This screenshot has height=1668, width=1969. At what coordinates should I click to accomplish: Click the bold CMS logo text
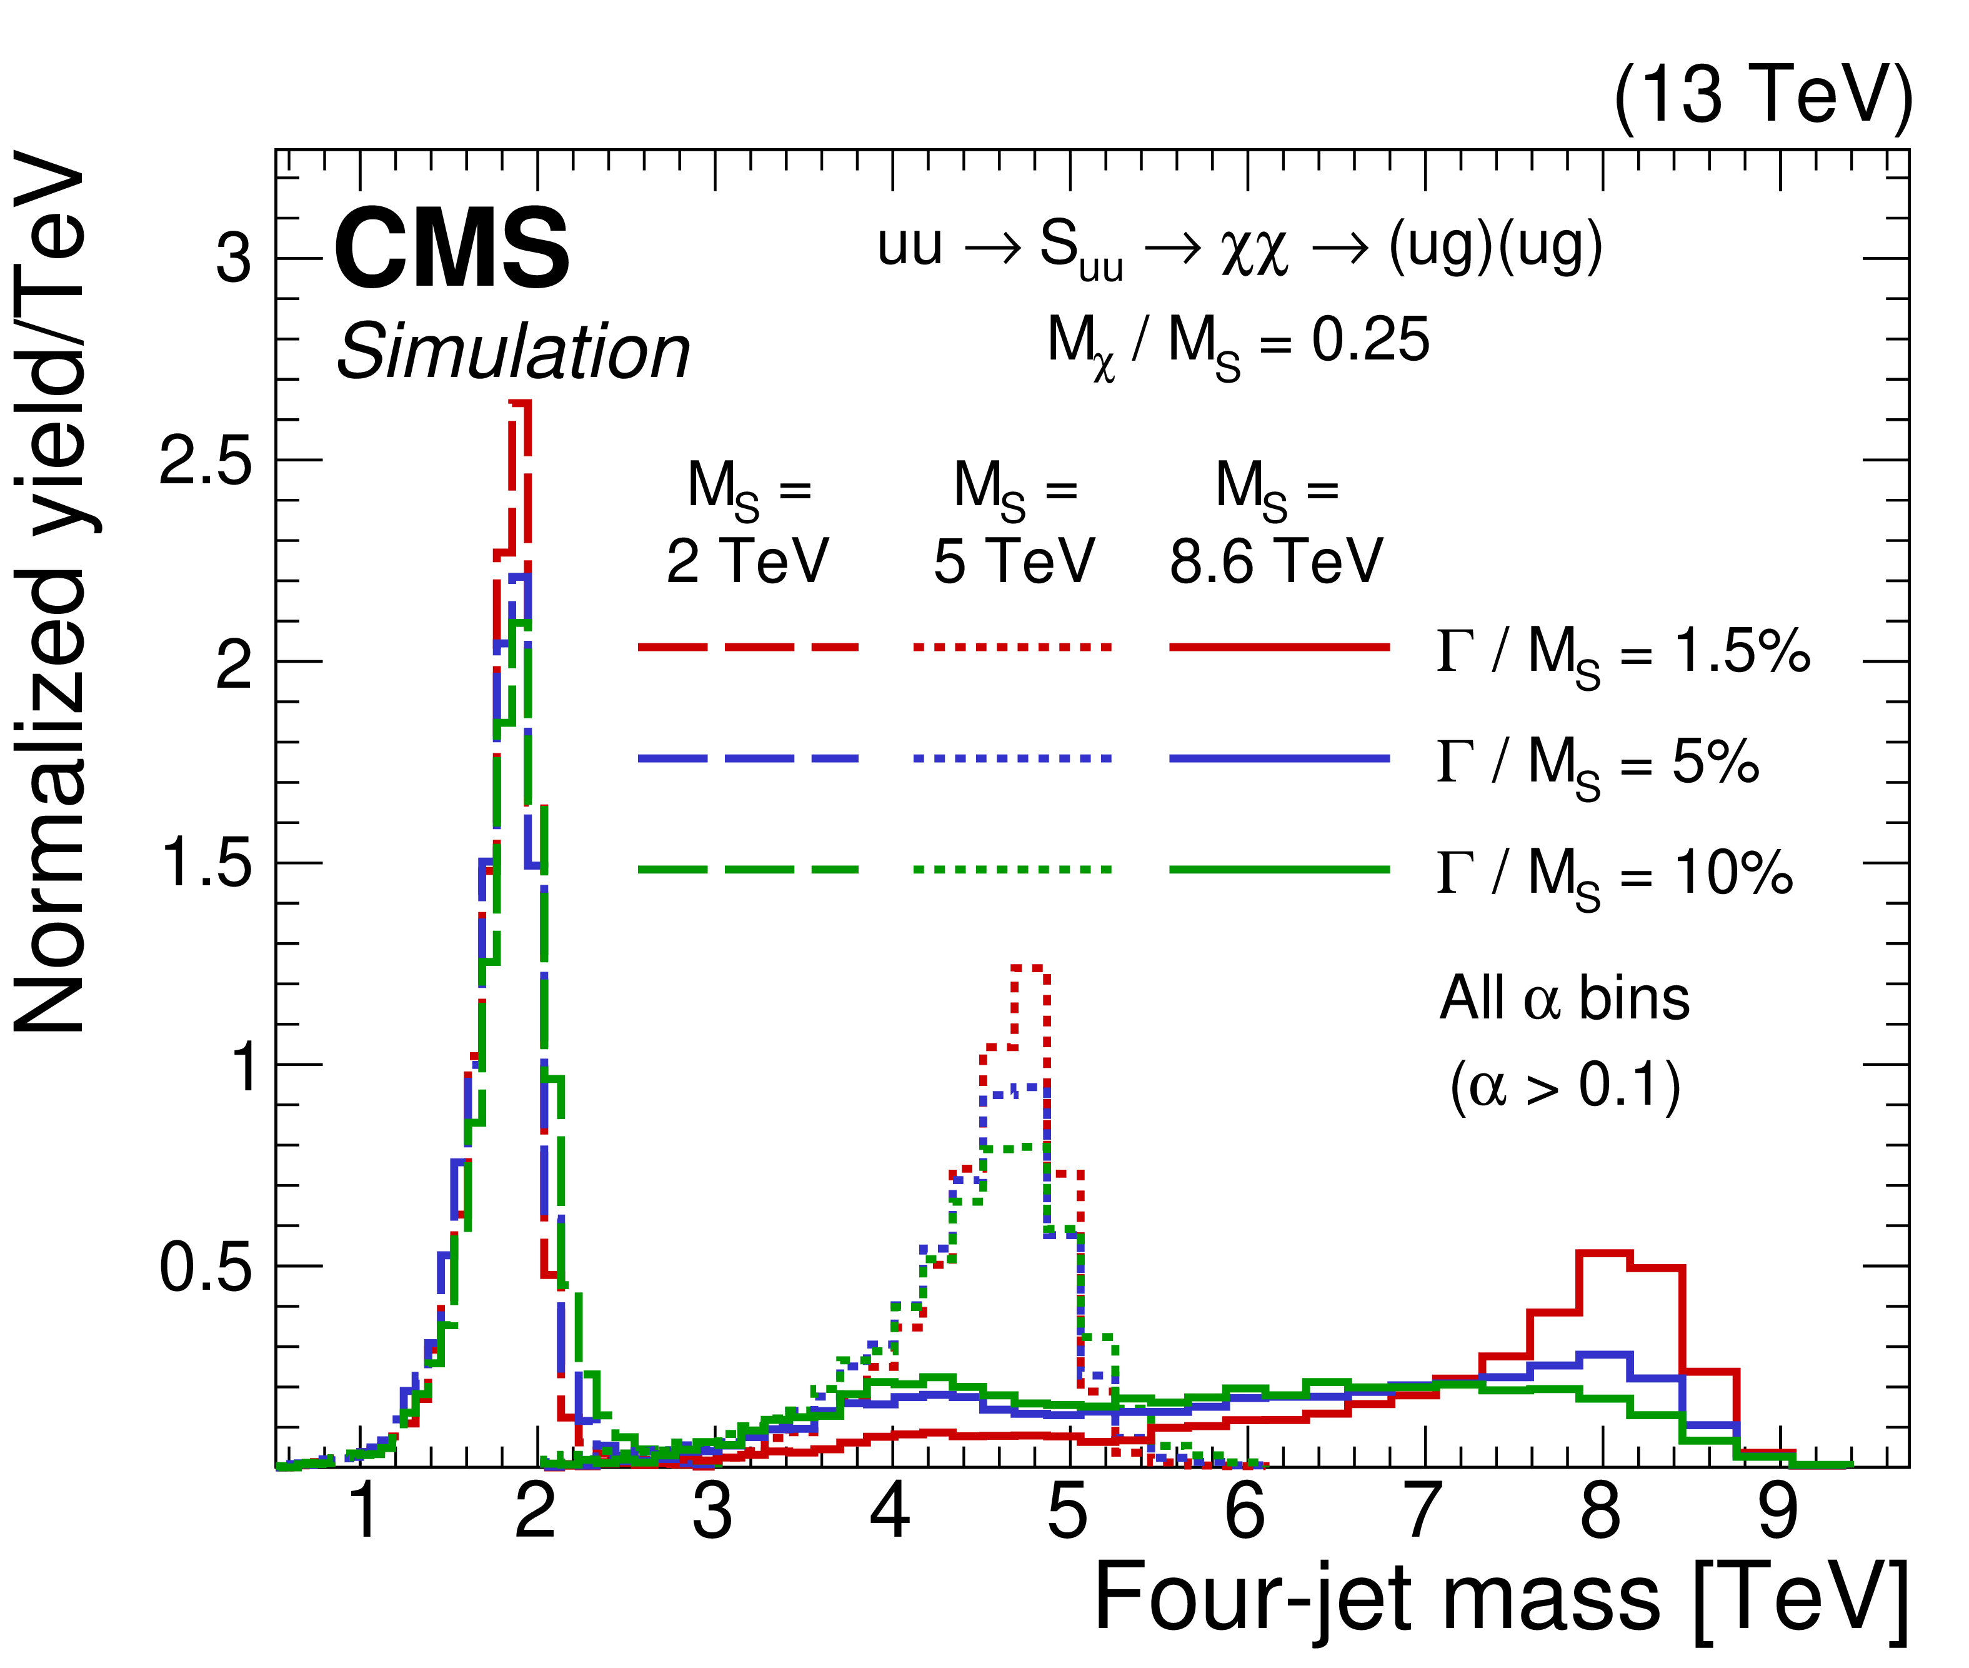(x=452, y=249)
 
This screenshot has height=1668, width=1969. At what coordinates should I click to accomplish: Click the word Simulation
(x=513, y=352)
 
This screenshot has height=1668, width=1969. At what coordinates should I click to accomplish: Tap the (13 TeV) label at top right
(x=1763, y=96)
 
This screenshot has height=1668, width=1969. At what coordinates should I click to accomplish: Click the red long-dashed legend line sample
(x=748, y=648)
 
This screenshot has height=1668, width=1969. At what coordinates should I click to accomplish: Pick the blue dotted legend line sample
(x=1012, y=758)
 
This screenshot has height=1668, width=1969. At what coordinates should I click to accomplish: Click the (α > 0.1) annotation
(x=1565, y=1085)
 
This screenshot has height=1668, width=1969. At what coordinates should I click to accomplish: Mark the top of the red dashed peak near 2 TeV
(x=519, y=403)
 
